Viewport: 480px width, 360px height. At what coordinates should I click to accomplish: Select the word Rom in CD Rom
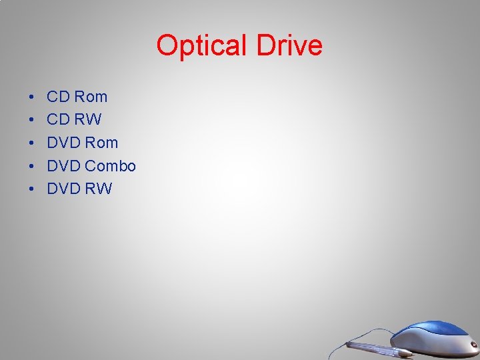[91, 97]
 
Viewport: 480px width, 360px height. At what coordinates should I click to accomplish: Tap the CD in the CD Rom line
[59, 97]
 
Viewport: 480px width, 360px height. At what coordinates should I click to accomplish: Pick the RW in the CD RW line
[88, 120]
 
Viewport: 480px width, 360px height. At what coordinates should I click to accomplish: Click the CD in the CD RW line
[59, 120]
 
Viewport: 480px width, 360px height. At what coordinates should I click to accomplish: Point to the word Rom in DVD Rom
[102, 143]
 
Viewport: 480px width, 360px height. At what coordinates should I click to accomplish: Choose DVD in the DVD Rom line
[64, 143]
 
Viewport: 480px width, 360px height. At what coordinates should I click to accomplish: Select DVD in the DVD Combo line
[64, 166]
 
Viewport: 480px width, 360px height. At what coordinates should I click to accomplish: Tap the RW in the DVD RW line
[99, 189]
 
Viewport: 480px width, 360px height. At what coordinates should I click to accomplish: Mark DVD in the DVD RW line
[64, 189]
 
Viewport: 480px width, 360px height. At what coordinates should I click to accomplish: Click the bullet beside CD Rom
[32, 97]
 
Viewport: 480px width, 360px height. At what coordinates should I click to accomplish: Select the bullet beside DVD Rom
[32, 143]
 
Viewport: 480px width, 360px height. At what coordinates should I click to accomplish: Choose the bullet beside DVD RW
[32, 189]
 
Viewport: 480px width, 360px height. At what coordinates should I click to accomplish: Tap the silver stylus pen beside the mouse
[380, 347]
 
